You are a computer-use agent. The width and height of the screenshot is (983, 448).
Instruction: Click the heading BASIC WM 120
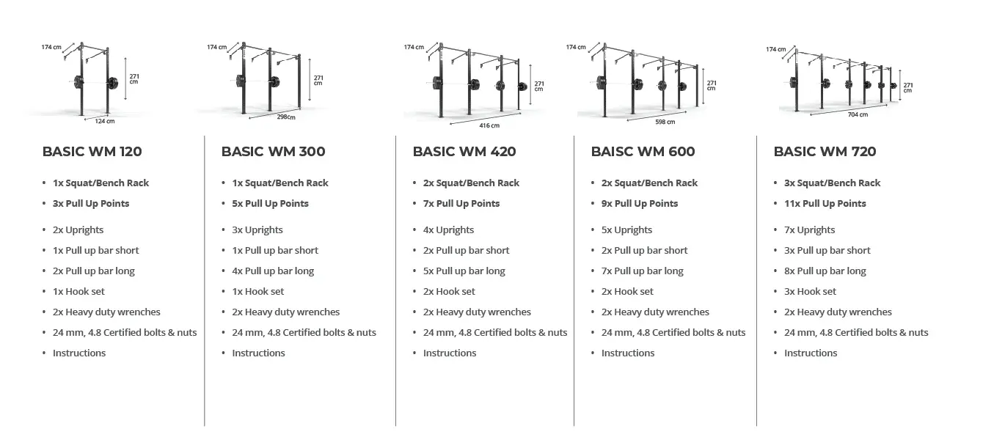[92, 151]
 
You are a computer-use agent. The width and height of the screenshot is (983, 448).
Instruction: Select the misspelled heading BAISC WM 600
[643, 151]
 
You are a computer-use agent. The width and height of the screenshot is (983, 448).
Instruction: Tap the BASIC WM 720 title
[825, 151]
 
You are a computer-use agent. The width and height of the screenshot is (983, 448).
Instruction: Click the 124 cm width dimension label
[105, 121]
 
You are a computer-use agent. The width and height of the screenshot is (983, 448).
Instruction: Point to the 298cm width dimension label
[286, 117]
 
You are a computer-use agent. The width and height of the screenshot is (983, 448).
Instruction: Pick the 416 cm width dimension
[489, 125]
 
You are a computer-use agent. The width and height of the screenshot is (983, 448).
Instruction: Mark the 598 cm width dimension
[665, 122]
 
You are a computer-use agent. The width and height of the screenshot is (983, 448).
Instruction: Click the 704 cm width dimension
[858, 114]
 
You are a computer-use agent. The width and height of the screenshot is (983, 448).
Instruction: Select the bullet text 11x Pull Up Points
[825, 204]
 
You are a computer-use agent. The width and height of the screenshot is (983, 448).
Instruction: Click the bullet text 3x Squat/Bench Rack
[832, 183]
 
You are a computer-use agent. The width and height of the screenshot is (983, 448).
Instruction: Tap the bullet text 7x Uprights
[809, 230]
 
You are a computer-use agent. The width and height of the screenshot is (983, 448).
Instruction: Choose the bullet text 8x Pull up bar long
[825, 271]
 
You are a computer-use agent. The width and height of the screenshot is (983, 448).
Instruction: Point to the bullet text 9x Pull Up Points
[640, 204]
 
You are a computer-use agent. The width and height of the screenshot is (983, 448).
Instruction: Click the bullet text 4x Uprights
[448, 230]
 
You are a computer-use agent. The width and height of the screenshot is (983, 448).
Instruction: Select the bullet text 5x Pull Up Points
[270, 204]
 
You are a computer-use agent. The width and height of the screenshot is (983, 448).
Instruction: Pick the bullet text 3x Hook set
[810, 291]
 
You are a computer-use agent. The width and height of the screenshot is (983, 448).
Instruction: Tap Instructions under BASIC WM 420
[450, 353]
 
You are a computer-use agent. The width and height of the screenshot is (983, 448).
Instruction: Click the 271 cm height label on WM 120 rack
[134, 79]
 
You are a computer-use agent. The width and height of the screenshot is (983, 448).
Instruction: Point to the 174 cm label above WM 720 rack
[776, 49]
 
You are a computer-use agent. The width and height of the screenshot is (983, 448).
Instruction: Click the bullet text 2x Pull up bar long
[93, 271]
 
